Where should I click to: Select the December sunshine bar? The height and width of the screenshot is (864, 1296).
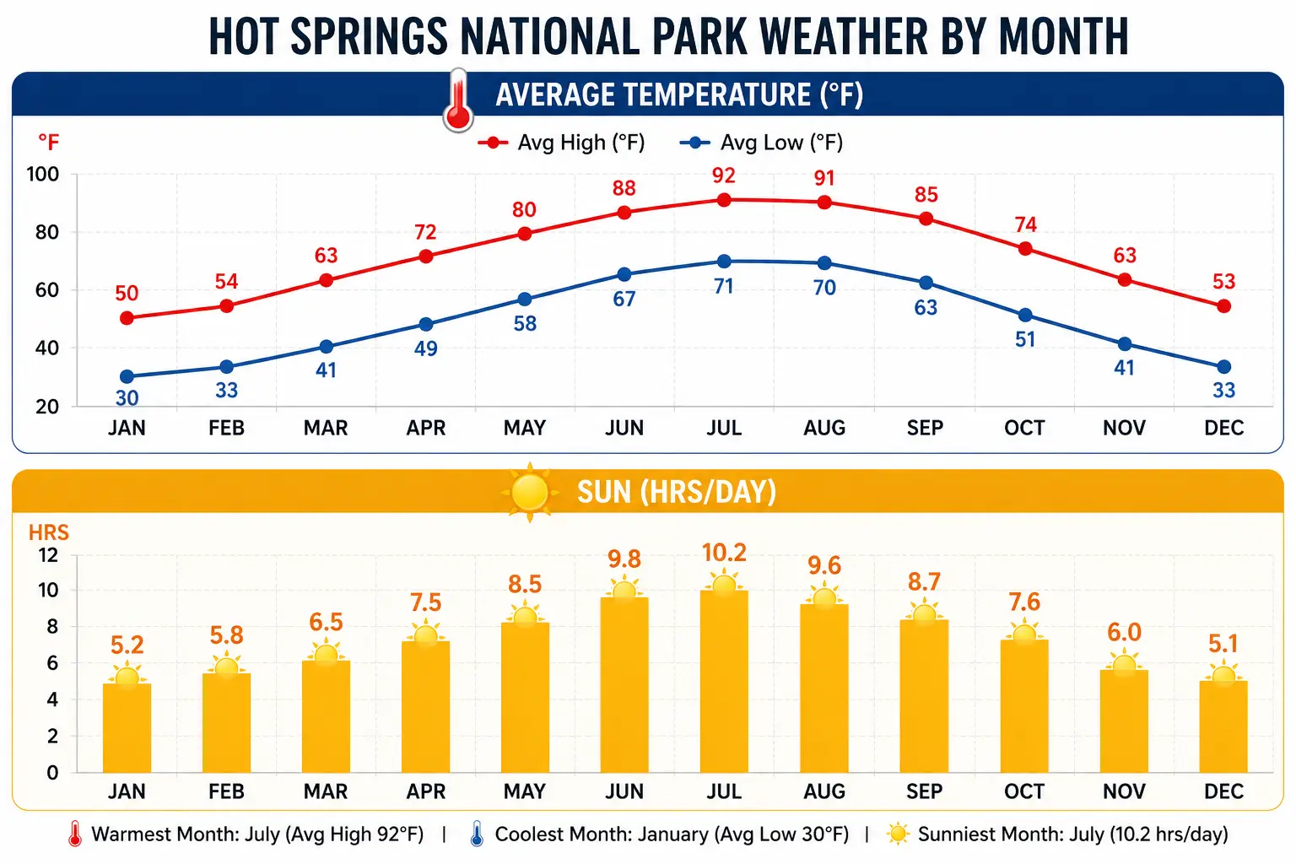point(1223,726)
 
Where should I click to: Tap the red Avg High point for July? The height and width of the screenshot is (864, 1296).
point(724,200)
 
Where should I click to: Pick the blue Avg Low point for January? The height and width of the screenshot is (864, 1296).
point(127,376)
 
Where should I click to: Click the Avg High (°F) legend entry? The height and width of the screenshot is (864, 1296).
point(562,143)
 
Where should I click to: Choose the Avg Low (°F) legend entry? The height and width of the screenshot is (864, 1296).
point(762,143)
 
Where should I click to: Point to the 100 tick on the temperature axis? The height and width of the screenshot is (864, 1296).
point(43,175)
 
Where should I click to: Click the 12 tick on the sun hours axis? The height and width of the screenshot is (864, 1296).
point(48,555)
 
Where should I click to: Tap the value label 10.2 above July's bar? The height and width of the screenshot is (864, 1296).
point(724,553)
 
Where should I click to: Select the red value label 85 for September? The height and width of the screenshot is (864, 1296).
point(926,195)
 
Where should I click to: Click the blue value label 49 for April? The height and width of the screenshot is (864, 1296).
point(425,348)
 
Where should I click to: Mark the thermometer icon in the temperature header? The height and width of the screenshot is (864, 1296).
point(458,100)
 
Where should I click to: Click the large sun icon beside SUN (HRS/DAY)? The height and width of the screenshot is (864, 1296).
point(530,492)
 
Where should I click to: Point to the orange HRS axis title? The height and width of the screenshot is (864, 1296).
point(48,532)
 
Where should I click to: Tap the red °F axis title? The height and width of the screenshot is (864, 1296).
point(48,142)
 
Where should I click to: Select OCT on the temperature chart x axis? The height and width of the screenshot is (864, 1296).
point(1024,428)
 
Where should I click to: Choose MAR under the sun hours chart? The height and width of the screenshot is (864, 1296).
point(326,791)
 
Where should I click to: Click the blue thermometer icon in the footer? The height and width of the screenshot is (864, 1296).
point(477,834)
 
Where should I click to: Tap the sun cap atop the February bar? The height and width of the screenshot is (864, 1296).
point(226,668)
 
